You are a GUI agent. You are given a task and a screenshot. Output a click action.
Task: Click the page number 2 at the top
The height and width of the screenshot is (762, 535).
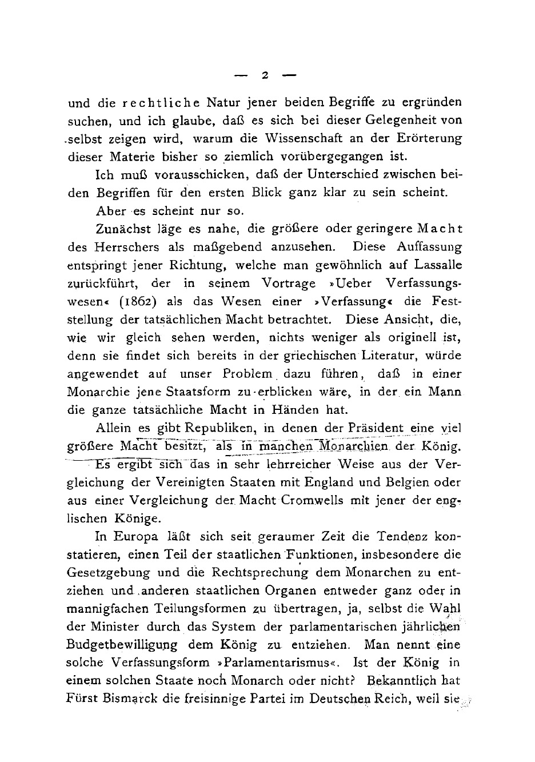[265, 74]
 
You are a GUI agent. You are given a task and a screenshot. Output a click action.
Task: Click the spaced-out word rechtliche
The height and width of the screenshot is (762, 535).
[161, 103]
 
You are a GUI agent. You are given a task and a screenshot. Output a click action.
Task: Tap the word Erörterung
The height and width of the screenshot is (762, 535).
[429, 139]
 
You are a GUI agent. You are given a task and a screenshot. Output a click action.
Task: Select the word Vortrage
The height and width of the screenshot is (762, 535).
[289, 284]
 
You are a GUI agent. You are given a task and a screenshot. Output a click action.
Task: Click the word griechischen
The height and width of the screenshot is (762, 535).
[320, 356]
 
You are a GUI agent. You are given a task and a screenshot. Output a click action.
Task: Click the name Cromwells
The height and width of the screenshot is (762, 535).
[312, 501]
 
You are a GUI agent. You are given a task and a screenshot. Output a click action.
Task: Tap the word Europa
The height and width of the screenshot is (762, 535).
[135, 537]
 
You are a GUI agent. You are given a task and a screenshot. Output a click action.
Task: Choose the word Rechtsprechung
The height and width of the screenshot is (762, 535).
[261, 573]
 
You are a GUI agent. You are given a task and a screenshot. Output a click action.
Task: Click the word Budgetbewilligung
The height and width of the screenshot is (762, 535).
[122, 645]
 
